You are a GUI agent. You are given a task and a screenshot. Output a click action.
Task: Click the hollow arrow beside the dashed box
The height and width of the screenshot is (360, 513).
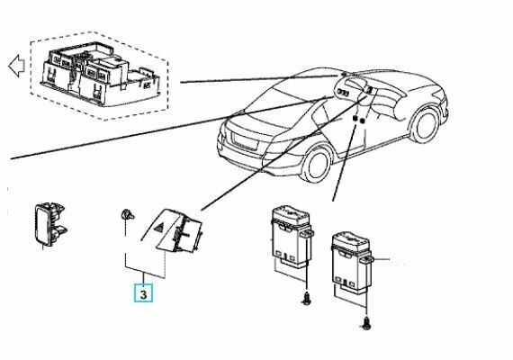click(x=16, y=66)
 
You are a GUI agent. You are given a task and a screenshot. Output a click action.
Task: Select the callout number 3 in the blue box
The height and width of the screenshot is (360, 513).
click(x=143, y=294)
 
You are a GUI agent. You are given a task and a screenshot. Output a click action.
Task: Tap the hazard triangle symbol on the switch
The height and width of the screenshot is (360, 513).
click(x=159, y=228)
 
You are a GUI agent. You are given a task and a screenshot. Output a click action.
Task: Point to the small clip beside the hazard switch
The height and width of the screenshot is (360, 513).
click(x=127, y=214)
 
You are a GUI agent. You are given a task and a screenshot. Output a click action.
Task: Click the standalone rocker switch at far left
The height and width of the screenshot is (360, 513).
click(x=49, y=224)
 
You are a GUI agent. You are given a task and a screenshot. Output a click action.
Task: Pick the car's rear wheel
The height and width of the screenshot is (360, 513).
click(x=317, y=166)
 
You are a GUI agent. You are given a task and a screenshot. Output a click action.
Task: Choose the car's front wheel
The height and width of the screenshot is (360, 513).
click(x=426, y=125)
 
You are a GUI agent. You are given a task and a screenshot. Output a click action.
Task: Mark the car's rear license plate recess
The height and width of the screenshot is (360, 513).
click(x=245, y=141)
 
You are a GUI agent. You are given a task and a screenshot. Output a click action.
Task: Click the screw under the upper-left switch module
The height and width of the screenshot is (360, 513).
click(x=307, y=299)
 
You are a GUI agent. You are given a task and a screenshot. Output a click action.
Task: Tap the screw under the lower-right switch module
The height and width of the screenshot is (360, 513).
click(x=366, y=323)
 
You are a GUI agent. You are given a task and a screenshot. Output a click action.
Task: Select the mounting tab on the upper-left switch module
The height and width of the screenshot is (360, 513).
click(x=308, y=233)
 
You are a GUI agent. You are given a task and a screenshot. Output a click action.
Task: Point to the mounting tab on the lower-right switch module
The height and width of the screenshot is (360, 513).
click(x=367, y=260)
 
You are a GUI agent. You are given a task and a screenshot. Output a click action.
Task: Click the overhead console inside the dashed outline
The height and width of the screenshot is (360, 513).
click(x=100, y=75)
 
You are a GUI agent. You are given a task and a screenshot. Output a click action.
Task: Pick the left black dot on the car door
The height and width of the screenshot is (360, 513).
click(x=355, y=119)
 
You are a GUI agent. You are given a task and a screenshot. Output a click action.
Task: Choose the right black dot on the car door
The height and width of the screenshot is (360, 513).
click(x=362, y=121)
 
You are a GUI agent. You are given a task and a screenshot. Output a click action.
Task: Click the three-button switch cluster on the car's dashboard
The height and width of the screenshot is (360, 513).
click(x=343, y=93)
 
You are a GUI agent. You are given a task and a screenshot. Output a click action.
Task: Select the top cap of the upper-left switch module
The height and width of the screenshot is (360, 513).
click(x=291, y=213)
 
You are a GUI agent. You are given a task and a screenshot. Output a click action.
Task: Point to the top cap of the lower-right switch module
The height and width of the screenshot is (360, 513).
click(x=351, y=241)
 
